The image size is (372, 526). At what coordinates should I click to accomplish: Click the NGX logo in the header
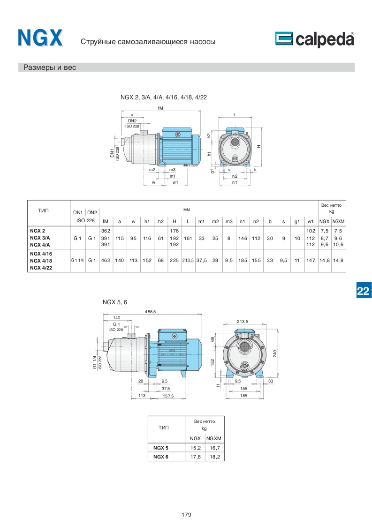tap(40, 38)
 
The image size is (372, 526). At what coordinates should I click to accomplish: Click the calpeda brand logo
tap(315, 39)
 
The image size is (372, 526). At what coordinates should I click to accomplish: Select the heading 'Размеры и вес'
tap(50, 68)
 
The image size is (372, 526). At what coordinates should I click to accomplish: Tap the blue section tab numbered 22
tap(363, 291)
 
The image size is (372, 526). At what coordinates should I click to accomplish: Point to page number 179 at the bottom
tap(186, 515)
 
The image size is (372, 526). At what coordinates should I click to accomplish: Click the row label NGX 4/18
tap(41, 261)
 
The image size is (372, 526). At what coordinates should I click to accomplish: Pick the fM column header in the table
tap(106, 221)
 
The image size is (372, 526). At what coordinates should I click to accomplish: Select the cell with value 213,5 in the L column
tap(188, 260)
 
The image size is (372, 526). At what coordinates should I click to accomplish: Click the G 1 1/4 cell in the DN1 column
tap(77, 260)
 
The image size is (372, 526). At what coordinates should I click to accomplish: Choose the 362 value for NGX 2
tap(106, 231)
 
